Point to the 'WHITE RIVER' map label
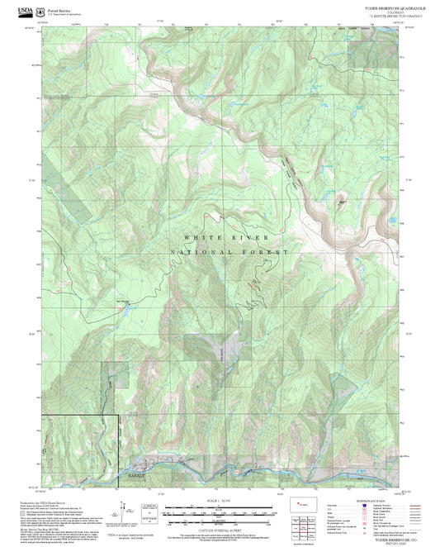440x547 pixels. point(209,237)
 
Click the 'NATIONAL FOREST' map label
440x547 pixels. point(229,252)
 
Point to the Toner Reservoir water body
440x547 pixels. point(342,201)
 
